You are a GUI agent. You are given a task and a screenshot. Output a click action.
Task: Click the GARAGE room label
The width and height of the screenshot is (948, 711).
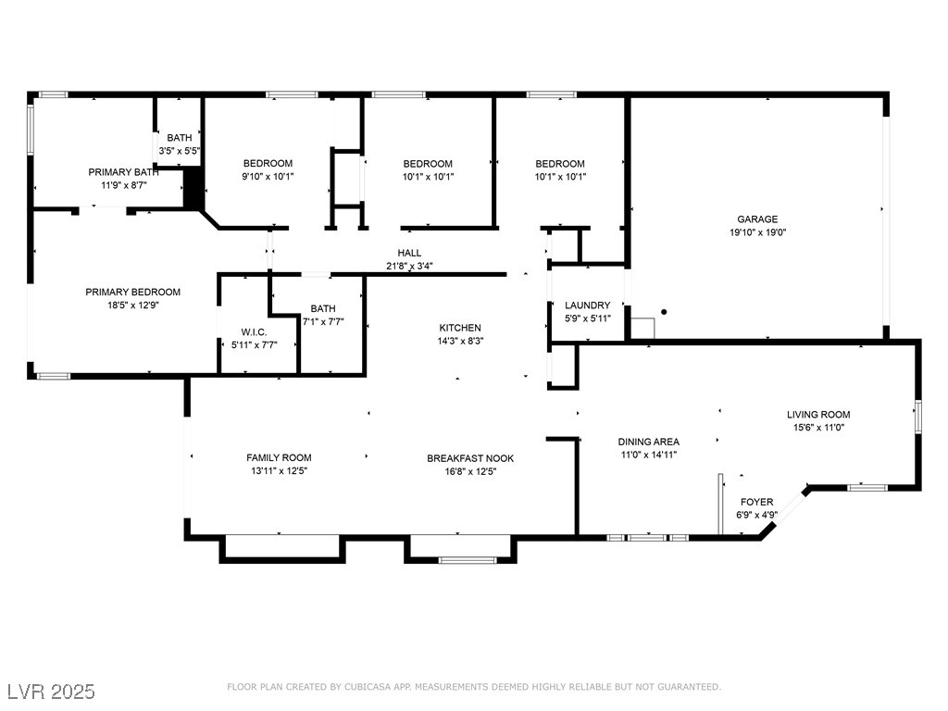click(x=757, y=218)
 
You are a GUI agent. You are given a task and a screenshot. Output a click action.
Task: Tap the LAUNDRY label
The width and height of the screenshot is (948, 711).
click(x=587, y=305)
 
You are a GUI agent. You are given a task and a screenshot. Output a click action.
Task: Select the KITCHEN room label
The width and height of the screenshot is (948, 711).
click(x=460, y=328)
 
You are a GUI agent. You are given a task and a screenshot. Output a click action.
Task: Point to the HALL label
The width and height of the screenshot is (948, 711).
click(x=409, y=253)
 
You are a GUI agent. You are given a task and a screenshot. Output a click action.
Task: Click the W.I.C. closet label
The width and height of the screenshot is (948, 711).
click(x=254, y=332)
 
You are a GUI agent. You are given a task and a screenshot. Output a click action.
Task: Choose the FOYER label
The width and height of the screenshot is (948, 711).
click(x=756, y=502)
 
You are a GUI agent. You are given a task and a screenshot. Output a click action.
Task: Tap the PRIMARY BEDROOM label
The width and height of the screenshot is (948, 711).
click(x=132, y=292)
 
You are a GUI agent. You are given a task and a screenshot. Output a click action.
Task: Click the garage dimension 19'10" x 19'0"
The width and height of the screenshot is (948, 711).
click(x=757, y=232)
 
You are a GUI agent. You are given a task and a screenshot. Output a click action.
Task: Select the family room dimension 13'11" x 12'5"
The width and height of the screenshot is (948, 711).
click(x=280, y=471)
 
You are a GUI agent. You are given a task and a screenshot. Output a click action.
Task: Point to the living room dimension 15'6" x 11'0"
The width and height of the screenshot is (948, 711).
click(x=818, y=428)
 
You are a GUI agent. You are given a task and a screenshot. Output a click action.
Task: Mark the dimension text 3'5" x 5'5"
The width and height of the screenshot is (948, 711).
click(x=180, y=151)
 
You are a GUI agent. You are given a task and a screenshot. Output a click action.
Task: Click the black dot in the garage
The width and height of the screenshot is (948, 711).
click(x=664, y=312)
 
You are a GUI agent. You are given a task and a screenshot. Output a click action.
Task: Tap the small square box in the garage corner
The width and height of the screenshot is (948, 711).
click(x=642, y=329)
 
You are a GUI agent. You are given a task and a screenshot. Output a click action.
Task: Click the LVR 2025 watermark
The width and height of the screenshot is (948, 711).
click(x=52, y=692)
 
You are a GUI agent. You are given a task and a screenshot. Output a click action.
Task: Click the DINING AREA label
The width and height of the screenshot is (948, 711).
click(x=648, y=442)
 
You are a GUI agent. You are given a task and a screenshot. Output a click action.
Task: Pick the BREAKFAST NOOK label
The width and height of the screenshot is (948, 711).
click(x=470, y=458)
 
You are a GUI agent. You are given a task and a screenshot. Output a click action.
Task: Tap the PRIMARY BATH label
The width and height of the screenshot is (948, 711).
click(x=123, y=172)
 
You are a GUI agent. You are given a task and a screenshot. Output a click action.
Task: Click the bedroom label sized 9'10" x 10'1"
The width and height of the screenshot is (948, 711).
click(x=268, y=163)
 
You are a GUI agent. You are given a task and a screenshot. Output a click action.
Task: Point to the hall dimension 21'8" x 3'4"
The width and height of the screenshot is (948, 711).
click(x=409, y=266)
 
